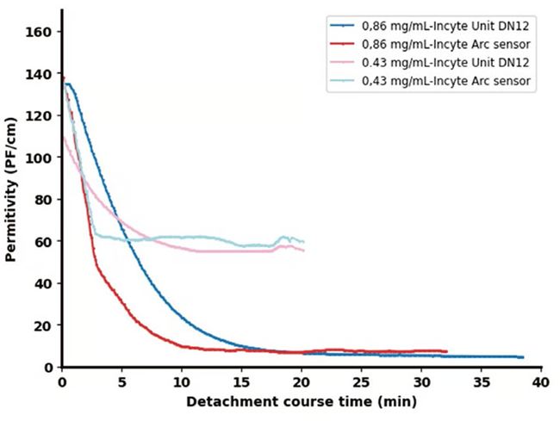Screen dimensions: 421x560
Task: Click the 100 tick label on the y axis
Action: (40, 158)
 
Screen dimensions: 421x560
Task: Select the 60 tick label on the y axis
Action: (43, 241)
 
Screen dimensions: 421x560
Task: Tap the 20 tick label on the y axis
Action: (43, 325)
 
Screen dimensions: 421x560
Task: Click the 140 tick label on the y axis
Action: (40, 74)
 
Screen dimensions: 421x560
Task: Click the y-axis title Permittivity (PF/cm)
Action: (11, 200)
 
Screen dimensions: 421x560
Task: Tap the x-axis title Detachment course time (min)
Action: (302, 402)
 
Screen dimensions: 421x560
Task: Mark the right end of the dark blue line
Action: (522, 357)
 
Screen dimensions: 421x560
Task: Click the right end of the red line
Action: (446, 351)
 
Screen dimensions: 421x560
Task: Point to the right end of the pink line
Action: (304, 251)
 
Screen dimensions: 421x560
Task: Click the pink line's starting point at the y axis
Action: (63, 138)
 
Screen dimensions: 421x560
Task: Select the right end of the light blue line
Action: (304, 242)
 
